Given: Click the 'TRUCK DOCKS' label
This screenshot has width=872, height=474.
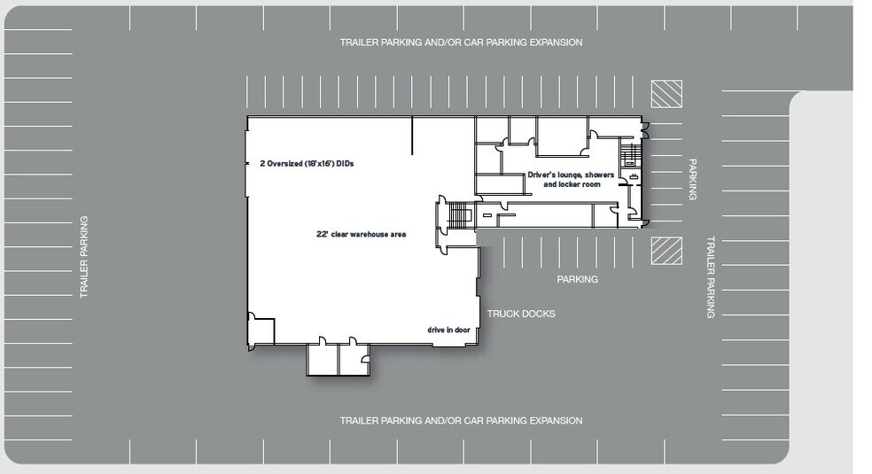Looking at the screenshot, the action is tap(521, 314).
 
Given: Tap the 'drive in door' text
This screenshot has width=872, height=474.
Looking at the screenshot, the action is tap(448, 330).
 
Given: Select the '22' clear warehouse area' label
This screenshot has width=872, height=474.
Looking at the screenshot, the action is tap(362, 235).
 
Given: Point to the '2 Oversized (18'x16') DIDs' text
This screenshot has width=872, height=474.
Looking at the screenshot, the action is tap(307, 164).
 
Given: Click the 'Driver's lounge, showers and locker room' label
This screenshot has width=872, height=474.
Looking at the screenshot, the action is tap(571, 180).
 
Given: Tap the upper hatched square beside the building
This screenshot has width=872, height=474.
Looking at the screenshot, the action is tap(666, 94).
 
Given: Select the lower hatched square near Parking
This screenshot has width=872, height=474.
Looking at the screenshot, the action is tap(666, 251).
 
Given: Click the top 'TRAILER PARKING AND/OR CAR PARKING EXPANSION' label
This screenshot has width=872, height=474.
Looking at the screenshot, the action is tap(461, 43).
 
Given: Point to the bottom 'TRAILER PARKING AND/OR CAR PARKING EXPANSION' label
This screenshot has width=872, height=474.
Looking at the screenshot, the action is tap(461, 421).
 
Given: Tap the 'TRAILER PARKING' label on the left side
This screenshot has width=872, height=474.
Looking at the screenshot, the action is tap(84, 257).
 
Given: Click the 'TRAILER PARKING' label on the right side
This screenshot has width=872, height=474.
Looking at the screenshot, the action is tap(710, 277).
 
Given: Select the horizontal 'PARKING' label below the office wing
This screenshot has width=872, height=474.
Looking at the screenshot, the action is tap(578, 279).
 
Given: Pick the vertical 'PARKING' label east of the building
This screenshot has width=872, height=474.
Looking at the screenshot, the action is tap(692, 180).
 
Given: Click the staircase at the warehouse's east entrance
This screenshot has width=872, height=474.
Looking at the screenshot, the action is tap(459, 215).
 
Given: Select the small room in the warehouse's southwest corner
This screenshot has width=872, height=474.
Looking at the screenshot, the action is tap(261, 331).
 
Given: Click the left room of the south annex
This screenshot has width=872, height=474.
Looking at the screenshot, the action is tap(323, 359).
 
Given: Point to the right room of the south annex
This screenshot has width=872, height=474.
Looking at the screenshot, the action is tap(354, 359).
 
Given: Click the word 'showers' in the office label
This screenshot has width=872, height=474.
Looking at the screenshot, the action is tap(599, 175).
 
